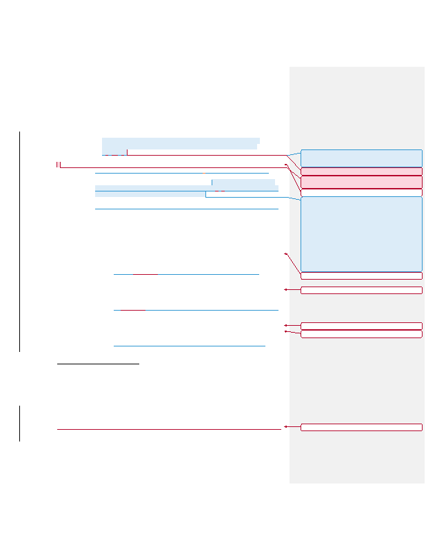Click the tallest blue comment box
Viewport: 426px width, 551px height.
tap(361, 234)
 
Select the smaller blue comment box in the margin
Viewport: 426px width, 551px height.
tap(361, 158)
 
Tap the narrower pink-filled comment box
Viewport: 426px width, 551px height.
tap(361, 171)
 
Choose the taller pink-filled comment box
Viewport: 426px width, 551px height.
tap(361, 182)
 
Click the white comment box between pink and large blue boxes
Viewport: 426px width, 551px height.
tap(361, 193)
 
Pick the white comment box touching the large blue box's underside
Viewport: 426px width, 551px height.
tap(361, 275)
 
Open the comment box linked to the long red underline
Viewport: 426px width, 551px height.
tap(361, 427)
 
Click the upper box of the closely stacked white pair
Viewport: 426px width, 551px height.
tap(361, 326)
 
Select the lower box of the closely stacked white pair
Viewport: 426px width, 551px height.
tap(361, 334)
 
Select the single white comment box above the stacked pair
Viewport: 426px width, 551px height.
tap(361, 290)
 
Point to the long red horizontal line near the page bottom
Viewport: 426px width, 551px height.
tap(169, 429)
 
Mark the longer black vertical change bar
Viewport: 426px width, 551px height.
tap(20, 241)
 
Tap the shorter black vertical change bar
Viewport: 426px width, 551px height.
tap(20, 423)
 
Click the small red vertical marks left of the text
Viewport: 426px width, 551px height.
tap(59, 165)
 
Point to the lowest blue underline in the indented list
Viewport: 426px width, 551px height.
tap(189, 346)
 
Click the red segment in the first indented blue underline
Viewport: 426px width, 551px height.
tap(145, 274)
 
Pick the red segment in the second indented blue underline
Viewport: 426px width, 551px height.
tap(133, 310)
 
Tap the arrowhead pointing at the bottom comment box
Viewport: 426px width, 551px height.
tap(285, 427)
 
